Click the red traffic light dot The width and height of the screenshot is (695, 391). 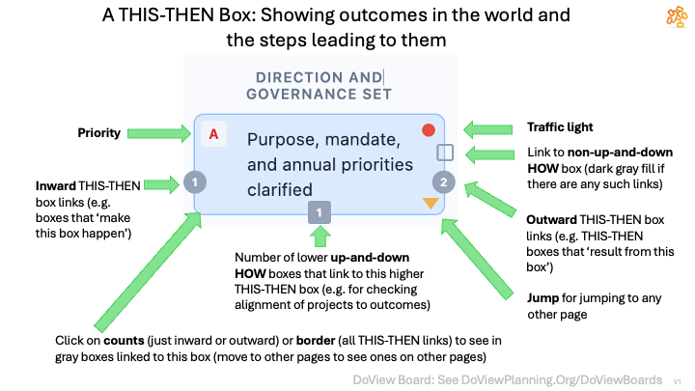(x=429, y=130)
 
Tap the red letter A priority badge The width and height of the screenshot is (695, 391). (x=214, y=134)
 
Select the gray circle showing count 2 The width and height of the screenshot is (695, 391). (x=442, y=181)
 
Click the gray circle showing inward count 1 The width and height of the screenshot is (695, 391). (x=194, y=181)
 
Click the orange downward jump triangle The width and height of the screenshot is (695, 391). (x=430, y=203)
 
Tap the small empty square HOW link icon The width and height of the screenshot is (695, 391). (x=445, y=152)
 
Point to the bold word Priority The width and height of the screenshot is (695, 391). (x=99, y=133)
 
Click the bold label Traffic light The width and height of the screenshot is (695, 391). (x=560, y=126)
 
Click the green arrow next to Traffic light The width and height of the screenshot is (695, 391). (x=487, y=127)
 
